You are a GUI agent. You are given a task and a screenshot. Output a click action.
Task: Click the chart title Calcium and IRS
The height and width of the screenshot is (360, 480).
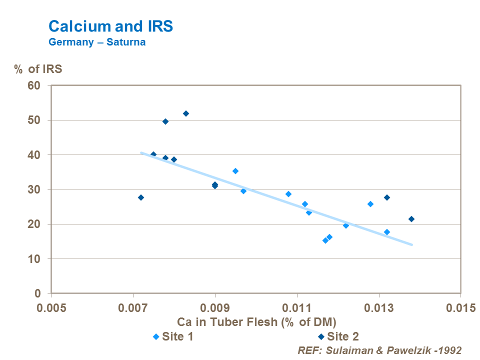coord(110,26)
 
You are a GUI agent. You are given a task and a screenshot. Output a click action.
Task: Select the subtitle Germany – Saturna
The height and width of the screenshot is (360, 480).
coord(97,42)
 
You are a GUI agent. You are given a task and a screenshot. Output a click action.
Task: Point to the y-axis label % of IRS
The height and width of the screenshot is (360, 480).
coord(38,69)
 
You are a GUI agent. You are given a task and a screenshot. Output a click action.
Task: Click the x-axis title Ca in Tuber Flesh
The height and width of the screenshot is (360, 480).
coord(256,321)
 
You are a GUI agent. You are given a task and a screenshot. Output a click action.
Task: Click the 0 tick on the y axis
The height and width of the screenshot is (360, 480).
coord(43,293)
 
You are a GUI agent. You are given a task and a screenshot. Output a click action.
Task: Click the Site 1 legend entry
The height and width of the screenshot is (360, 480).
coord(173,336)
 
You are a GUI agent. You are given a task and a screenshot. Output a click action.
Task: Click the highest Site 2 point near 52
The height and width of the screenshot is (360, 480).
coord(186,113)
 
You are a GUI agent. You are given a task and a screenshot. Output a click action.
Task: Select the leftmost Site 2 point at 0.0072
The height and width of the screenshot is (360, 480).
coord(141,197)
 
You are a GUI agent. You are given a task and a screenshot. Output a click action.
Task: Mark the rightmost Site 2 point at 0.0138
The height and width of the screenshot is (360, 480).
coord(411,219)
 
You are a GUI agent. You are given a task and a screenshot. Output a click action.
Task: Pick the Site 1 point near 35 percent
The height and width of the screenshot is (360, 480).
coord(235,171)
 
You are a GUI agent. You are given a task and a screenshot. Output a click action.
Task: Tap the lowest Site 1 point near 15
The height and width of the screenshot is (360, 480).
coord(325,240)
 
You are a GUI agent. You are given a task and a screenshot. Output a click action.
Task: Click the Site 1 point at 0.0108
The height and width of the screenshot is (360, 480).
coord(288,194)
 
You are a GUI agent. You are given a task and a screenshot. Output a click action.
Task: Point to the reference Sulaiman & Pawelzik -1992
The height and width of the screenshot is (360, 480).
coord(379,350)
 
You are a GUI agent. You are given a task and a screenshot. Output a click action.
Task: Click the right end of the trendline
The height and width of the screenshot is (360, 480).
coord(412,244)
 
